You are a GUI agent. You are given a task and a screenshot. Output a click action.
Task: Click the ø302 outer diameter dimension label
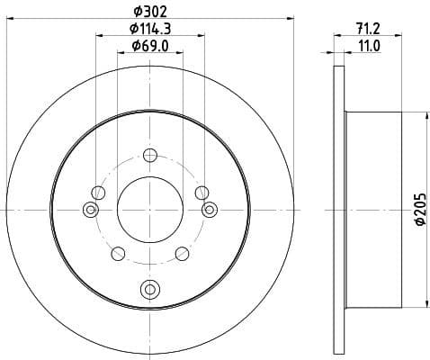pyautogui.click(x=149, y=12)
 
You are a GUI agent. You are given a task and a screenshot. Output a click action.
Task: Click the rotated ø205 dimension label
pyautogui.click(x=417, y=209)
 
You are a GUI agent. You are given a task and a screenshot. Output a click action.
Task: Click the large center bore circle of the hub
pyautogui.click(x=149, y=209)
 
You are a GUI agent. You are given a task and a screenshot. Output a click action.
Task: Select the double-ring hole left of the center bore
pyautogui.click(x=90, y=210)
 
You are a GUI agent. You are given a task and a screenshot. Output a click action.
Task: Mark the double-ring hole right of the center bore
pyautogui.click(x=209, y=210)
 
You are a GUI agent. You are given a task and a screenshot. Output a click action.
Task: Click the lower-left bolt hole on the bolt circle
pyautogui.click(x=116, y=254)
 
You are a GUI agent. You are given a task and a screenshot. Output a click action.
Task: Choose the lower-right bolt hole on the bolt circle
pyautogui.click(x=183, y=254)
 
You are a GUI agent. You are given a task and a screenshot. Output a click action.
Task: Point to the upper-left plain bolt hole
pyautogui.click(x=97, y=192)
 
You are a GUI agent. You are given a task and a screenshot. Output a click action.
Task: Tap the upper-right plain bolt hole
pyautogui.click(x=202, y=192)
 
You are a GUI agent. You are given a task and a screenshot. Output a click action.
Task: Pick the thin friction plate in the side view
pyautogui.click(x=339, y=209)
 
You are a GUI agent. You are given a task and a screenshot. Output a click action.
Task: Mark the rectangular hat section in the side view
pyautogui.click(x=373, y=209)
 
